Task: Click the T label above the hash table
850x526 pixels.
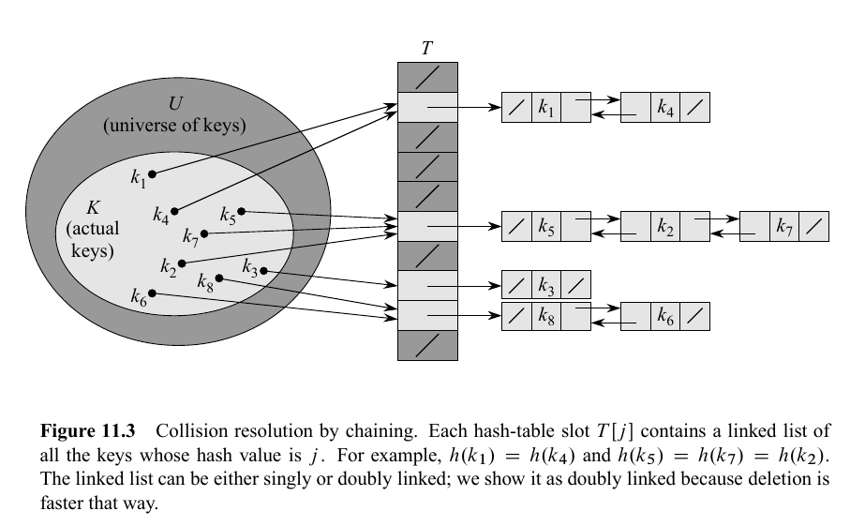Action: pos(427,48)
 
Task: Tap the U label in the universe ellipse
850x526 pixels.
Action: pos(174,103)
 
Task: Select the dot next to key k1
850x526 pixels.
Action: pos(153,173)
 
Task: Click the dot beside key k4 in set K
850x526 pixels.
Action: pos(174,211)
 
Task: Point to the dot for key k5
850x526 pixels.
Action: pos(242,211)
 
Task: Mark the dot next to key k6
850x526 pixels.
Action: pos(153,293)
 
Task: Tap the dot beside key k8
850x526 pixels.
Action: pos(219,278)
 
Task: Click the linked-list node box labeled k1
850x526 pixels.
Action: pos(546,108)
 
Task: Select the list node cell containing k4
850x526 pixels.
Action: pos(665,108)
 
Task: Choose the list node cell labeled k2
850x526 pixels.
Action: pos(665,227)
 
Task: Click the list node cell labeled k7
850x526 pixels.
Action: pos(784,227)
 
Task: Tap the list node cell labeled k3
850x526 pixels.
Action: pos(546,285)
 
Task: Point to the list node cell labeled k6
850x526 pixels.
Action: pos(665,316)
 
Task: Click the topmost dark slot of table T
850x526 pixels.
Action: pos(427,77)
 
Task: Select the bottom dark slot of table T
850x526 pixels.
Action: pos(427,345)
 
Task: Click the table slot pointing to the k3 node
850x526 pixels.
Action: pos(427,285)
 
